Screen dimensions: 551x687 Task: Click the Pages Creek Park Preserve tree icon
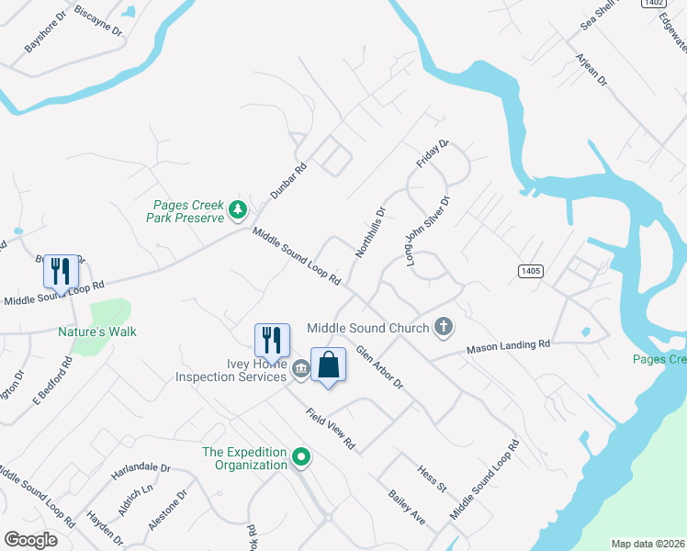click(x=238, y=210)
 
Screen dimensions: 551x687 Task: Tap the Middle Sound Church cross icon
click(x=444, y=327)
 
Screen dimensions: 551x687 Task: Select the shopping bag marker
click(x=328, y=365)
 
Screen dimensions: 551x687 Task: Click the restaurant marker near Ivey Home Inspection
click(x=272, y=341)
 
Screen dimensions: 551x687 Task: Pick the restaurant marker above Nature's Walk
click(x=61, y=272)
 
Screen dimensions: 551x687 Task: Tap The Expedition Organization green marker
click(x=300, y=457)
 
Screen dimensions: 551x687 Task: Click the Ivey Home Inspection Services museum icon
click(x=300, y=370)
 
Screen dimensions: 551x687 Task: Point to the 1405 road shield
click(x=530, y=271)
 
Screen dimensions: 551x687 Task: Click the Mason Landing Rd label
click(x=507, y=346)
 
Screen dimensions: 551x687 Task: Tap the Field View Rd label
click(x=331, y=428)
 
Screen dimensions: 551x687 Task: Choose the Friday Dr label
click(x=432, y=153)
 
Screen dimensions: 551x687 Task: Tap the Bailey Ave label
click(x=406, y=507)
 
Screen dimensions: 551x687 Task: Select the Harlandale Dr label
click(x=141, y=468)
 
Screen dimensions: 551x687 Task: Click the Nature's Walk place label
click(x=97, y=332)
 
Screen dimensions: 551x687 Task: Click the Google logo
click(x=30, y=540)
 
